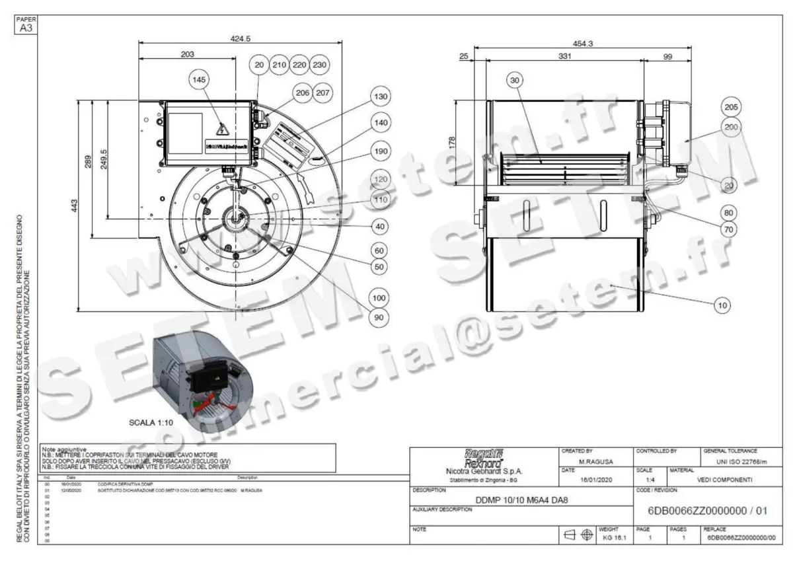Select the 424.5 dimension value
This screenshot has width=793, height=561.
[241, 39]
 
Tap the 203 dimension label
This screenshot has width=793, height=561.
[187, 55]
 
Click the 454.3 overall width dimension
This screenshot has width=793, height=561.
[583, 44]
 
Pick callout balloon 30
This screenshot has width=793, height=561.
[516, 81]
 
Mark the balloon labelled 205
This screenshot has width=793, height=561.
[732, 107]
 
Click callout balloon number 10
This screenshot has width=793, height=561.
[722, 305]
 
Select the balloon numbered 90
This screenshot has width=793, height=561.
[379, 318]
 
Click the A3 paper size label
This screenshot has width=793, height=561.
[26, 28]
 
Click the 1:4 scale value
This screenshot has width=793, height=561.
[651, 480]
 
